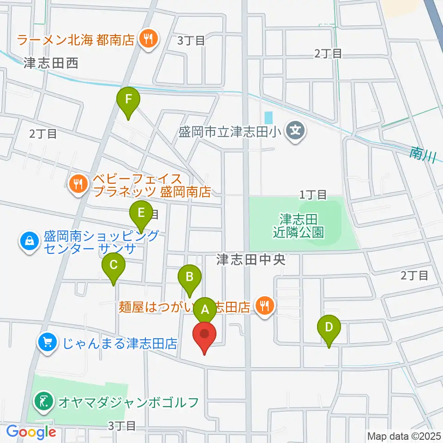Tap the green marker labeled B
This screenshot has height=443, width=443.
point(189,277)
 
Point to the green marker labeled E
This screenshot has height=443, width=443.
point(141,214)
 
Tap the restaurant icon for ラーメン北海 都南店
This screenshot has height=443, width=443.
point(148,39)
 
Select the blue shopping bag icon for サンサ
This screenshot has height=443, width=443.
point(29,241)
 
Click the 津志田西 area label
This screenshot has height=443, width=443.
point(51,63)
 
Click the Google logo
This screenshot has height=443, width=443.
point(31,432)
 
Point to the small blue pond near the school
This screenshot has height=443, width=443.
point(269,117)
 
